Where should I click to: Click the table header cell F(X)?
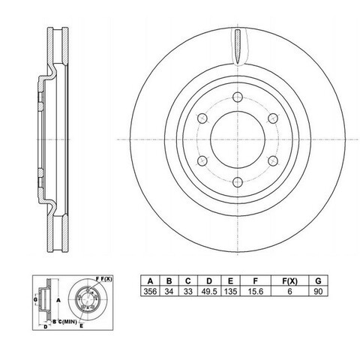coord(289,281)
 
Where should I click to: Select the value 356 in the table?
coord(150,291)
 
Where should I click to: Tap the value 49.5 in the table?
coord(209,291)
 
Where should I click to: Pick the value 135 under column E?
coord(230,291)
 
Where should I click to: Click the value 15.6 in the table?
coord(255,291)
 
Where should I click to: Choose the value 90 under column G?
coord(318,291)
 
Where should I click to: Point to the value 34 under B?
coord(169,291)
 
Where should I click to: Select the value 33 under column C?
coord(188,291)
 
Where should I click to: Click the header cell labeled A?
coord(150,281)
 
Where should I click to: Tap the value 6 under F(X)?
coord(289,291)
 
